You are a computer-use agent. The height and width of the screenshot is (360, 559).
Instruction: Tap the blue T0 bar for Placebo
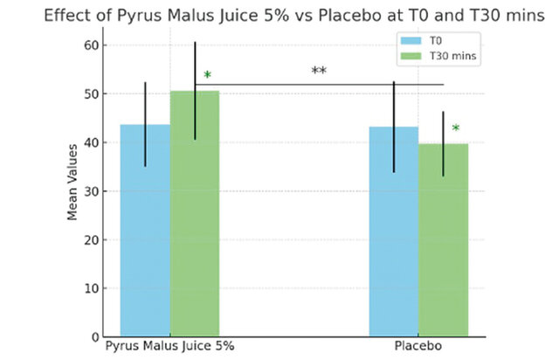[x=394, y=232]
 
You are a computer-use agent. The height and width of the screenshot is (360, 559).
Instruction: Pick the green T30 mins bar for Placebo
[x=443, y=240]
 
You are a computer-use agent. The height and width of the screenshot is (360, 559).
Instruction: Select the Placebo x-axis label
[x=418, y=347]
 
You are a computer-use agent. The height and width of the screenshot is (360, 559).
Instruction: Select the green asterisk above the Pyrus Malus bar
[x=207, y=76]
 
